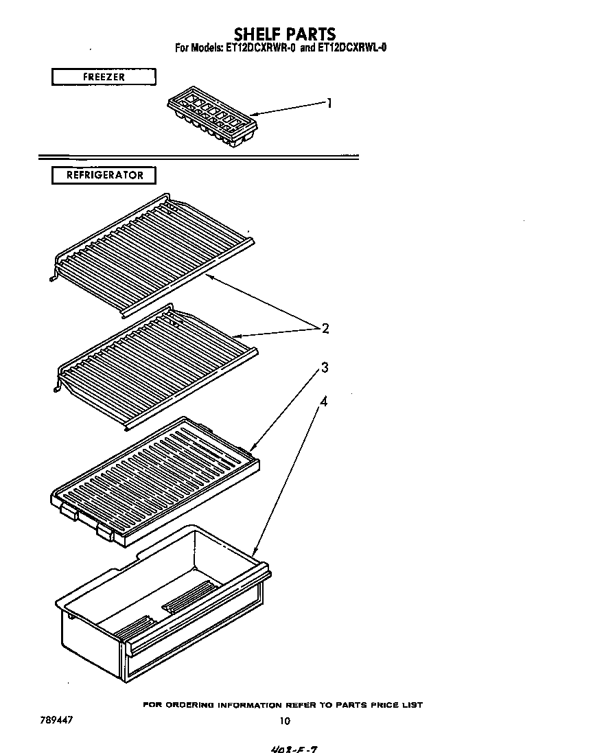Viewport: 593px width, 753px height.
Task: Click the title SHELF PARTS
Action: [x=285, y=34]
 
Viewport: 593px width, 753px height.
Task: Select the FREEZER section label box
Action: [x=104, y=77]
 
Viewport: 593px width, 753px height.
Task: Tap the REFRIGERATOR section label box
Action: [x=104, y=175]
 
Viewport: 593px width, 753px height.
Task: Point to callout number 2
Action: [x=325, y=328]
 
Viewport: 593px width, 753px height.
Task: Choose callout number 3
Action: [x=325, y=368]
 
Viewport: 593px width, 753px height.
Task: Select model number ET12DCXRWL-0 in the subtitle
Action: [x=352, y=48]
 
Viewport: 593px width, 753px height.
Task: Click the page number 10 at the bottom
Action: [x=285, y=720]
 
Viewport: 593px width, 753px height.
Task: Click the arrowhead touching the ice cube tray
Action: [x=253, y=114]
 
